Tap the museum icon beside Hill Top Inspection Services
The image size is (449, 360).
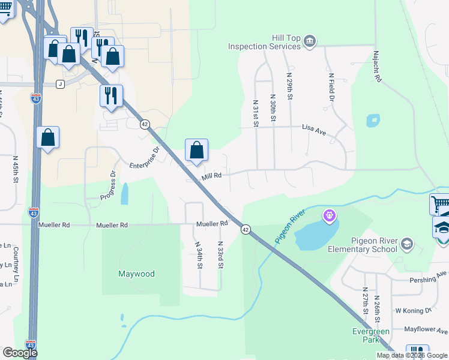(310, 41)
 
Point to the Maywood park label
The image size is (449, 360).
(136, 274)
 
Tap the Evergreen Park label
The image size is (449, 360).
(370, 335)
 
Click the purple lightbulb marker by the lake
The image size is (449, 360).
(329, 215)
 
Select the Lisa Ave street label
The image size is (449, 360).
(313, 129)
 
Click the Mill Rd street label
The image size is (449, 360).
(212, 176)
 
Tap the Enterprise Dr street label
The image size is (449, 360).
(144, 157)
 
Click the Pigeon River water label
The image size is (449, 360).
(291, 226)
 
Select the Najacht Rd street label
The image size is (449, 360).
(377, 67)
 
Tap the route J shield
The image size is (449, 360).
(60, 84)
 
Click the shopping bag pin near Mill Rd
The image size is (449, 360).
(196, 151)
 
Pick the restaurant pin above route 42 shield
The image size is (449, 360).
(111, 95)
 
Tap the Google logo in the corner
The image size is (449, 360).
(20, 353)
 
